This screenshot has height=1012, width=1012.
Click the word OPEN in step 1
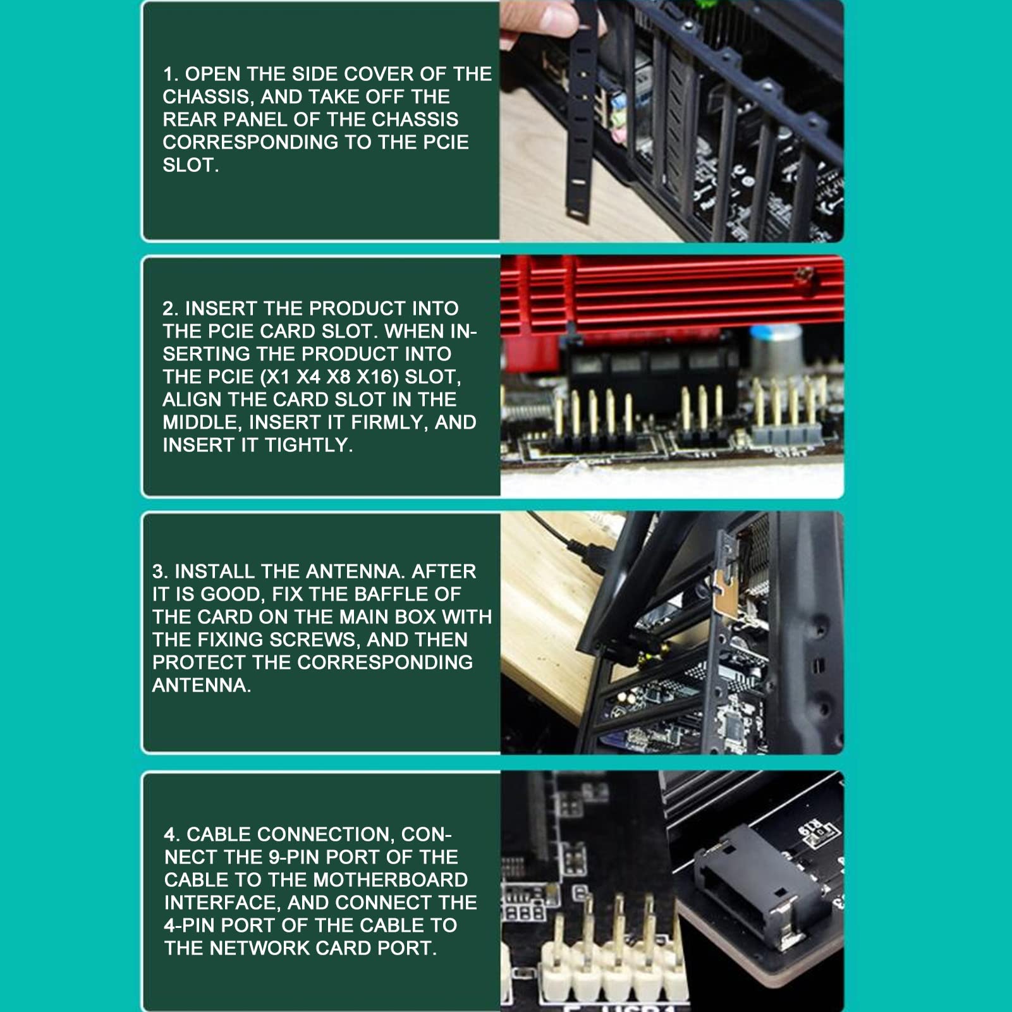coord(213,74)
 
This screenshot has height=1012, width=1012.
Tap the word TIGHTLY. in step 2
coord(309,445)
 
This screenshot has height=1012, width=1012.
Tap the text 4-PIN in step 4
coord(190,925)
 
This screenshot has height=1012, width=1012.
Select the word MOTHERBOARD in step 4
coord(391,880)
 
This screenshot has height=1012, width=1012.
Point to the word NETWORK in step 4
coord(260,948)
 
